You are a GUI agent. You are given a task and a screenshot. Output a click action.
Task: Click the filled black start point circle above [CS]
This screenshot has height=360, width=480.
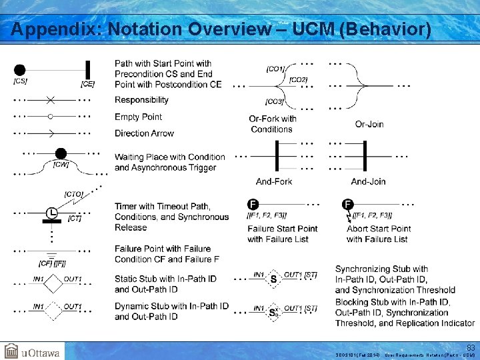click(20, 69)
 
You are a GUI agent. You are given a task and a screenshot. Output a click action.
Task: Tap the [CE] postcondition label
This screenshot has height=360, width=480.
click(87, 84)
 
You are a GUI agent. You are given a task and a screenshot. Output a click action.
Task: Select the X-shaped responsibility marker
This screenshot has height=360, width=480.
click(51, 100)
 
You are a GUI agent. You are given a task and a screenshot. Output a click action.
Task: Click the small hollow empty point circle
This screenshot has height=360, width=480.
click(51, 117)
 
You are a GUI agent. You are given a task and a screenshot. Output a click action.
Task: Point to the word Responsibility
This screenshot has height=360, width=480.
click(141, 100)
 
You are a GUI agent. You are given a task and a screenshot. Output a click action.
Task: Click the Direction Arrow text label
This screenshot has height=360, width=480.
click(144, 133)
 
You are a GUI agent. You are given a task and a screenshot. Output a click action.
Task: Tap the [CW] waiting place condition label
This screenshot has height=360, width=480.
click(61, 165)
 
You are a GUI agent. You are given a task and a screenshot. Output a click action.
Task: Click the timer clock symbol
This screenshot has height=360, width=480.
click(51, 213)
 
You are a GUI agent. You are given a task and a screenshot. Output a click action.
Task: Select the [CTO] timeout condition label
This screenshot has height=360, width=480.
click(73, 194)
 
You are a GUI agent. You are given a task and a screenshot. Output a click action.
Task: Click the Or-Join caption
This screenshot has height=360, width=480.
click(369, 124)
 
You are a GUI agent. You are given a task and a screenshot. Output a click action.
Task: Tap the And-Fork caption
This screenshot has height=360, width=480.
click(274, 181)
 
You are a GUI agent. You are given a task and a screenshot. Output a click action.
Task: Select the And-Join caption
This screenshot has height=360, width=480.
click(368, 181)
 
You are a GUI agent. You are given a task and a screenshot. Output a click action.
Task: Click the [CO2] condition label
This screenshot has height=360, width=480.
click(298, 80)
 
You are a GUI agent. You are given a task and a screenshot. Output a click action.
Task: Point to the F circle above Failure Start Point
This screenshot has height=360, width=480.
click(253, 204)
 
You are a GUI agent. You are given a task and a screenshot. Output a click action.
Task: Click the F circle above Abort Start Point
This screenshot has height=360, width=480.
click(347, 204)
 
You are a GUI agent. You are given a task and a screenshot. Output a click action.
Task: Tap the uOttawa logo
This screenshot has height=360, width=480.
click(32, 351)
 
